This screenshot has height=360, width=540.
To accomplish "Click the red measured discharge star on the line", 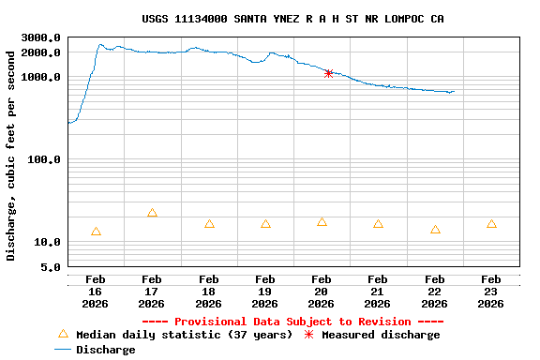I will pyautogui.click(x=328, y=73).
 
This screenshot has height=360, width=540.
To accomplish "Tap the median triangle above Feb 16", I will pyautogui.click(x=96, y=232).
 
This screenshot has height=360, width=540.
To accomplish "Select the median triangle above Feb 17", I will pyautogui.click(x=152, y=213).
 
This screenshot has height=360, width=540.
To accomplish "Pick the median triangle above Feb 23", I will pyautogui.click(x=491, y=224).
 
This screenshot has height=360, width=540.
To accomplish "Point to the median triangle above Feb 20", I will pyautogui.click(x=322, y=222).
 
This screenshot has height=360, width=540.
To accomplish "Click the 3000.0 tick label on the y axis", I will pyautogui.click(x=42, y=37).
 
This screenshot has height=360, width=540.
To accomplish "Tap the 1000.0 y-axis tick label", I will pyautogui.click(x=42, y=77).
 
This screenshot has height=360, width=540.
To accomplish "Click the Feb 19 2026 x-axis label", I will pyautogui.click(x=265, y=291).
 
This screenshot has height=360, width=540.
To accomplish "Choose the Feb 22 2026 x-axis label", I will pyautogui.click(x=434, y=291).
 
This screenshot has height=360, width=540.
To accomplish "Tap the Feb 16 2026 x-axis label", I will pyautogui.click(x=96, y=291).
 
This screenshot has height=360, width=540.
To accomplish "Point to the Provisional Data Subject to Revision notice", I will pyautogui.click(x=292, y=322).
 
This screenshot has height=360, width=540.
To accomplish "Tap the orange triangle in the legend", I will pyautogui.click(x=63, y=334).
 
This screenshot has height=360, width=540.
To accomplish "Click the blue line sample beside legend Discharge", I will pyautogui.click(x=63, y=350).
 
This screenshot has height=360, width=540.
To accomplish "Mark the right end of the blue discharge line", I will pyautogui.click(x=454, y=92).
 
